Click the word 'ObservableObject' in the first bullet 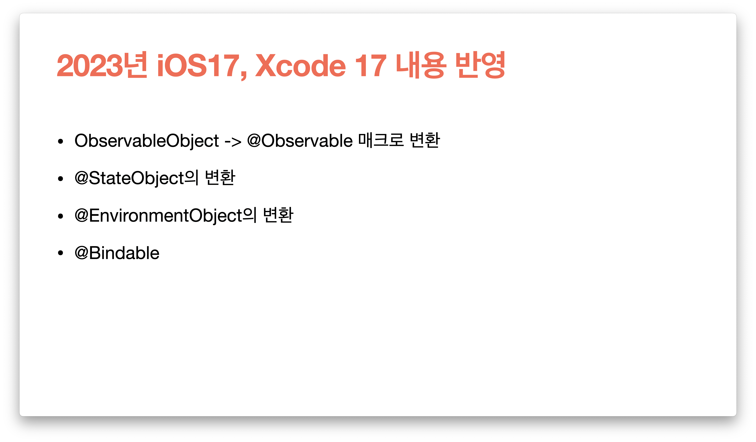click(147, 141)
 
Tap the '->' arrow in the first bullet click(233, 141)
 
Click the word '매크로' click(381, 140)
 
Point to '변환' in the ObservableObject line click(425, 140)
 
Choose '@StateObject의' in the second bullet click(137, 178)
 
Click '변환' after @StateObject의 click(220, 177)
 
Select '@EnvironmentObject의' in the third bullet click(166, 215)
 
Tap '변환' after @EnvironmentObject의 click(278, 215)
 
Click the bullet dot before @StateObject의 click(61, 179)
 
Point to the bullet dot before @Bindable click(61, 253)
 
